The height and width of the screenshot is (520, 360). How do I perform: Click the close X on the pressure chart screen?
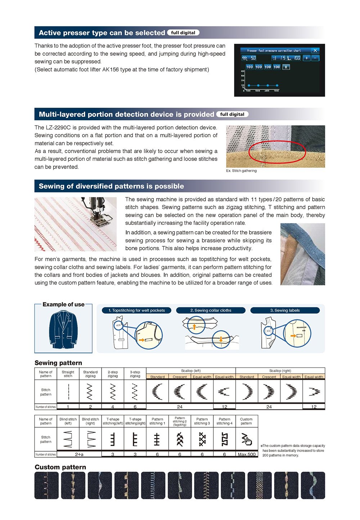click(x=315, y=50)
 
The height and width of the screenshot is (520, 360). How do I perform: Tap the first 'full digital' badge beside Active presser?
click(x=183, y=33)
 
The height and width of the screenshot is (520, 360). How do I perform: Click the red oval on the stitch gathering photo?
click(x=277, y=152)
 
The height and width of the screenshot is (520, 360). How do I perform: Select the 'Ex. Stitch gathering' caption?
click(x=241, y=171)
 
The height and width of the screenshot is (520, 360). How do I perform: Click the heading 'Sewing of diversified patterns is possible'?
click(x=111, y=186)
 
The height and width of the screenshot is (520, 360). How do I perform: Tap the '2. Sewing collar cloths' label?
click(x=211, y=310)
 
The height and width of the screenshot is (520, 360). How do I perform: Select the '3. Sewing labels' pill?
click(x=285, y=310)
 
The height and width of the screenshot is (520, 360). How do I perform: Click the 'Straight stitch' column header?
click(x=68, y=374)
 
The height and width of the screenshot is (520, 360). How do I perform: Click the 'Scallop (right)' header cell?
click(x=280, y=371)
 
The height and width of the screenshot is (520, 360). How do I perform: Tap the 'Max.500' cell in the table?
click(x=247, y=454)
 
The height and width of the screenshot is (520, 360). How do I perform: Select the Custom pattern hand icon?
click(x=247, y=439)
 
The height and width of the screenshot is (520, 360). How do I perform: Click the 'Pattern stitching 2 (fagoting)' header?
click(x=180, y=421)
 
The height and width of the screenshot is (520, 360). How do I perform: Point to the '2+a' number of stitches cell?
click(x=79, y=454)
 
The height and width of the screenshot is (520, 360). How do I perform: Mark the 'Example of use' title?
click(x=63, y=304)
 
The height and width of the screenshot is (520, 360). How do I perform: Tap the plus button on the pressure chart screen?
click(x=306, y=58)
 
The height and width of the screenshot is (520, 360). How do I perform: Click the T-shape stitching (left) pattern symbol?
click(x=113, y=439)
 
